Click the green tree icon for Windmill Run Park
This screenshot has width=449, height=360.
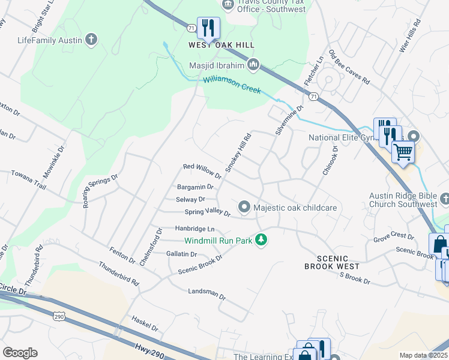coord(261,240)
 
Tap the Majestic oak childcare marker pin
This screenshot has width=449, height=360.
coord(244,207)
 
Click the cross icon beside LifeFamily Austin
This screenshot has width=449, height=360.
coord(91,40)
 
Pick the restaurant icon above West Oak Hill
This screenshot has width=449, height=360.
coord(208,28)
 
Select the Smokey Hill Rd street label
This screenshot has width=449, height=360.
coord(238,153)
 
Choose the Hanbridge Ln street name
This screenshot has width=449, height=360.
coord(194,229)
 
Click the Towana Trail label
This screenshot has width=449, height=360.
coord(28,178)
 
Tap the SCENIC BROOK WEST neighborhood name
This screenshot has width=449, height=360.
coord(331,262)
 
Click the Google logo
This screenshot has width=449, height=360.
coord(20,353)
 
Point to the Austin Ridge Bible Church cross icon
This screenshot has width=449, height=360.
coord(444,198)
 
